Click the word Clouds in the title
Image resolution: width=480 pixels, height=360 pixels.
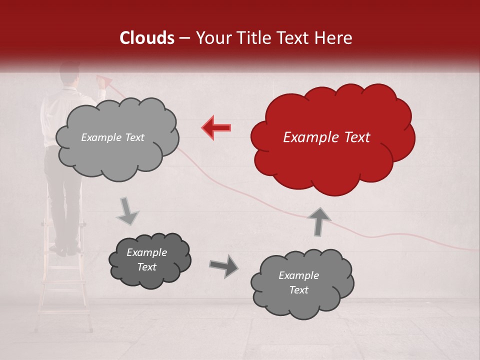[x=147, y=38]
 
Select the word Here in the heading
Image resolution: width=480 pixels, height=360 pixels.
[x=334, y=38]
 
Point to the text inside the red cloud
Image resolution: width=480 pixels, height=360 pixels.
[x=326, y=137]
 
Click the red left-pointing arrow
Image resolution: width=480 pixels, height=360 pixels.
[x=216, y=127]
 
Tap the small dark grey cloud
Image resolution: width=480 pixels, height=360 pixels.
[x=150, y=259]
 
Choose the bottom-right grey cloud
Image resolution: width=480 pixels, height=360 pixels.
[x=302, y=283]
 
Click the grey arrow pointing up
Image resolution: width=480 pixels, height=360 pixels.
[x=319, y=221]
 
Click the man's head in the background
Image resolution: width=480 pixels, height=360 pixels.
[x=69, y=73]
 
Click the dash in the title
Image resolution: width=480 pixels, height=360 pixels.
[x=184, y=38]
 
